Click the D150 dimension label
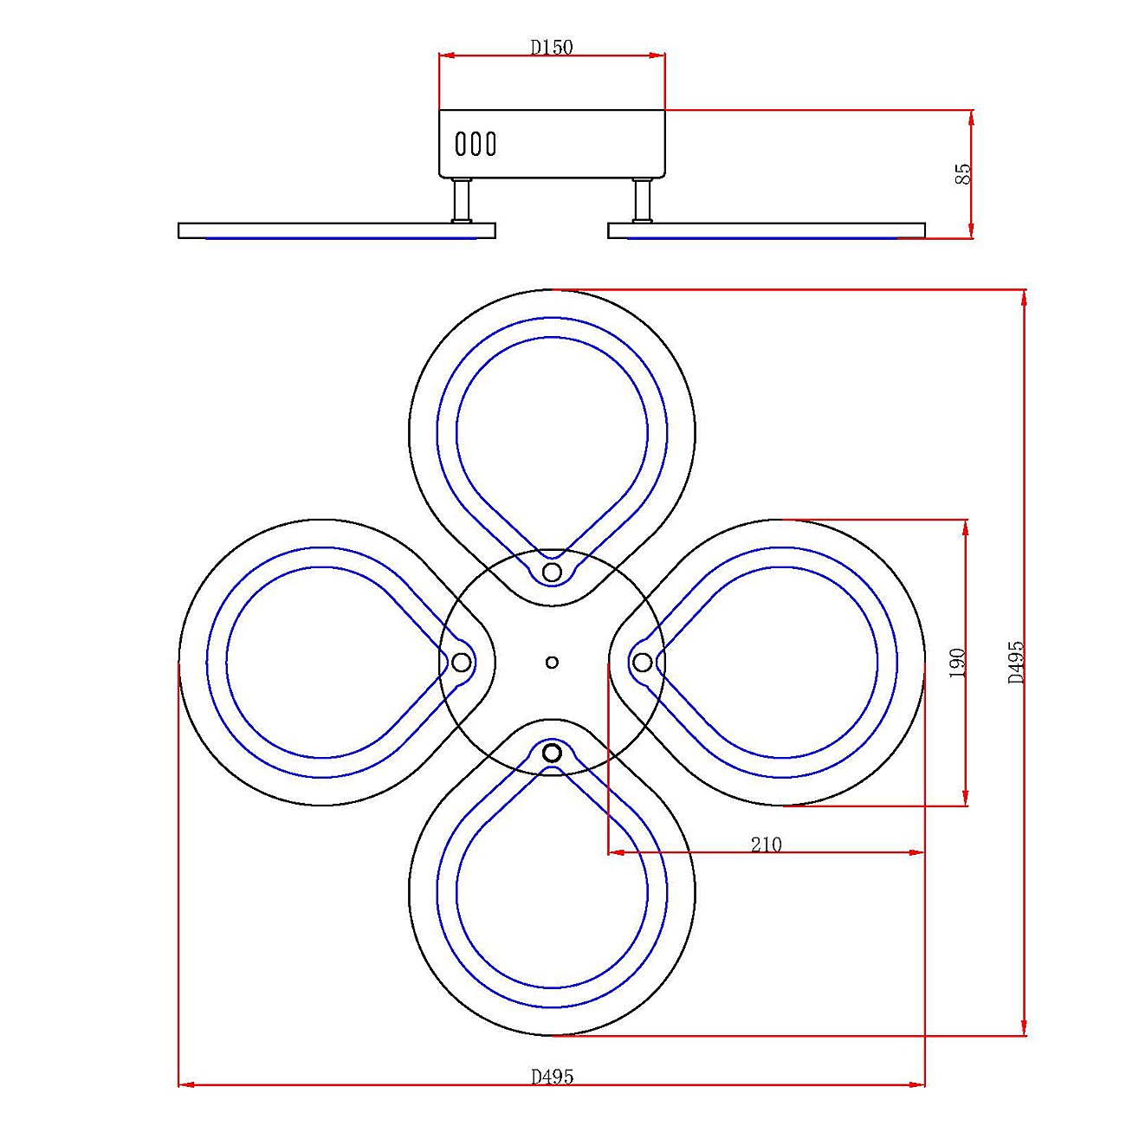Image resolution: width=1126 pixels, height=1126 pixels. [552, 47]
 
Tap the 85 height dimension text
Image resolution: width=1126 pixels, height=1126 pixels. [962, 173]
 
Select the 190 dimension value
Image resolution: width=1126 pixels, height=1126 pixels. [957, 663]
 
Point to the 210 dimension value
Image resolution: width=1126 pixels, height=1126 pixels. [766, 844]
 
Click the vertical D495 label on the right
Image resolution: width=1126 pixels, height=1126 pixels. [1016, 662]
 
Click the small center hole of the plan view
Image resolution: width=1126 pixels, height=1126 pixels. [552, 662]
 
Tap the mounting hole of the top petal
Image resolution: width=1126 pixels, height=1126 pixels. [552, 572]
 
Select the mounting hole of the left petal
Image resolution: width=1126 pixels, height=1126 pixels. [462, 663]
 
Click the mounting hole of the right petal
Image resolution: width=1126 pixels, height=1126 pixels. [642, 662]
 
